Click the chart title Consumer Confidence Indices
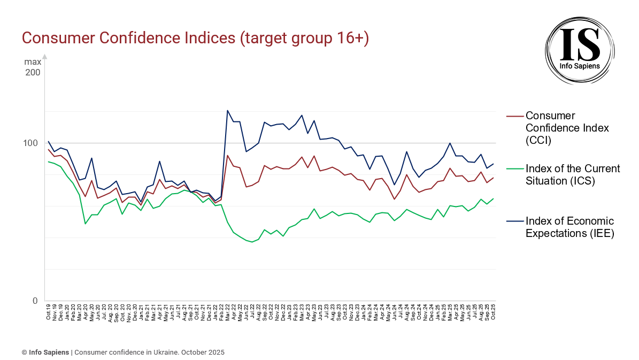pos(195,39)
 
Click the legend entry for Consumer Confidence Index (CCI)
pos(559,128)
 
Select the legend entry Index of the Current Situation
pos(572,175)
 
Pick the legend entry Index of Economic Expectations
pos(569,227)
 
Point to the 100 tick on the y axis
pos(32,143)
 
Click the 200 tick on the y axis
pos(32,72)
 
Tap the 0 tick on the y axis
pos(35,301)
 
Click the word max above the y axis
pos(32,62)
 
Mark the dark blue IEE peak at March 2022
pos(228,111)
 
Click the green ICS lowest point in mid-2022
pos(252,242)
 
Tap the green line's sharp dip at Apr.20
pos(86,224)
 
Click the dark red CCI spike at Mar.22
pos(228,156)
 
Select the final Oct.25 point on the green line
pos(493,198)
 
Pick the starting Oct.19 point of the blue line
pos(49,142)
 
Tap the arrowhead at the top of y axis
pos(45,56)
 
